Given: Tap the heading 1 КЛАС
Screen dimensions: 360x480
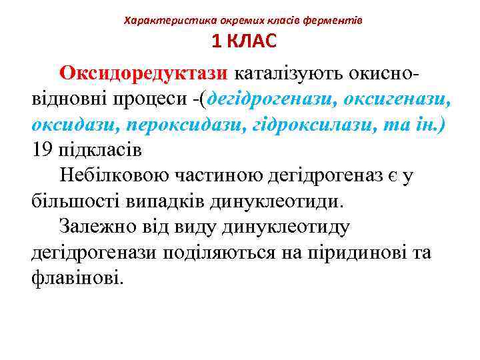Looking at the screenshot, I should pos(243,41).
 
